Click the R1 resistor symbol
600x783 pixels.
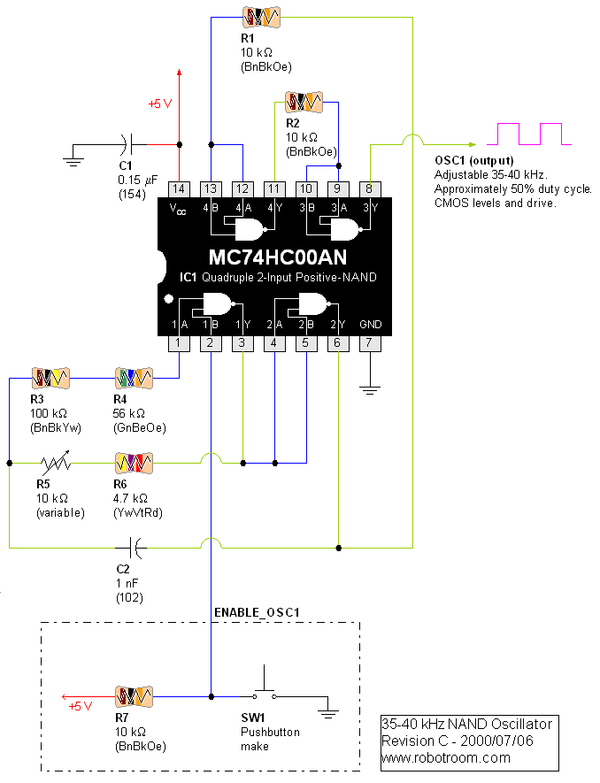point(261,17)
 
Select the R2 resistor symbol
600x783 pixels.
point(305,102)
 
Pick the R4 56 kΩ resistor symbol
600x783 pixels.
point(134,378)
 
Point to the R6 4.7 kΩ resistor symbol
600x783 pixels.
point(134,462)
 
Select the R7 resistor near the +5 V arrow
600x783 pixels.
point(134,695)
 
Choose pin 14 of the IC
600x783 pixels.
point(179,188)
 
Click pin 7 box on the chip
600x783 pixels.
point(371,342)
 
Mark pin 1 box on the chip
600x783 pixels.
point(179,342)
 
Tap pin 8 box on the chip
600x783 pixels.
point(371,188)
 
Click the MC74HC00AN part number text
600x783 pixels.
point(277,257)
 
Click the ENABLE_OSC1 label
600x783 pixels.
point(258,612)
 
